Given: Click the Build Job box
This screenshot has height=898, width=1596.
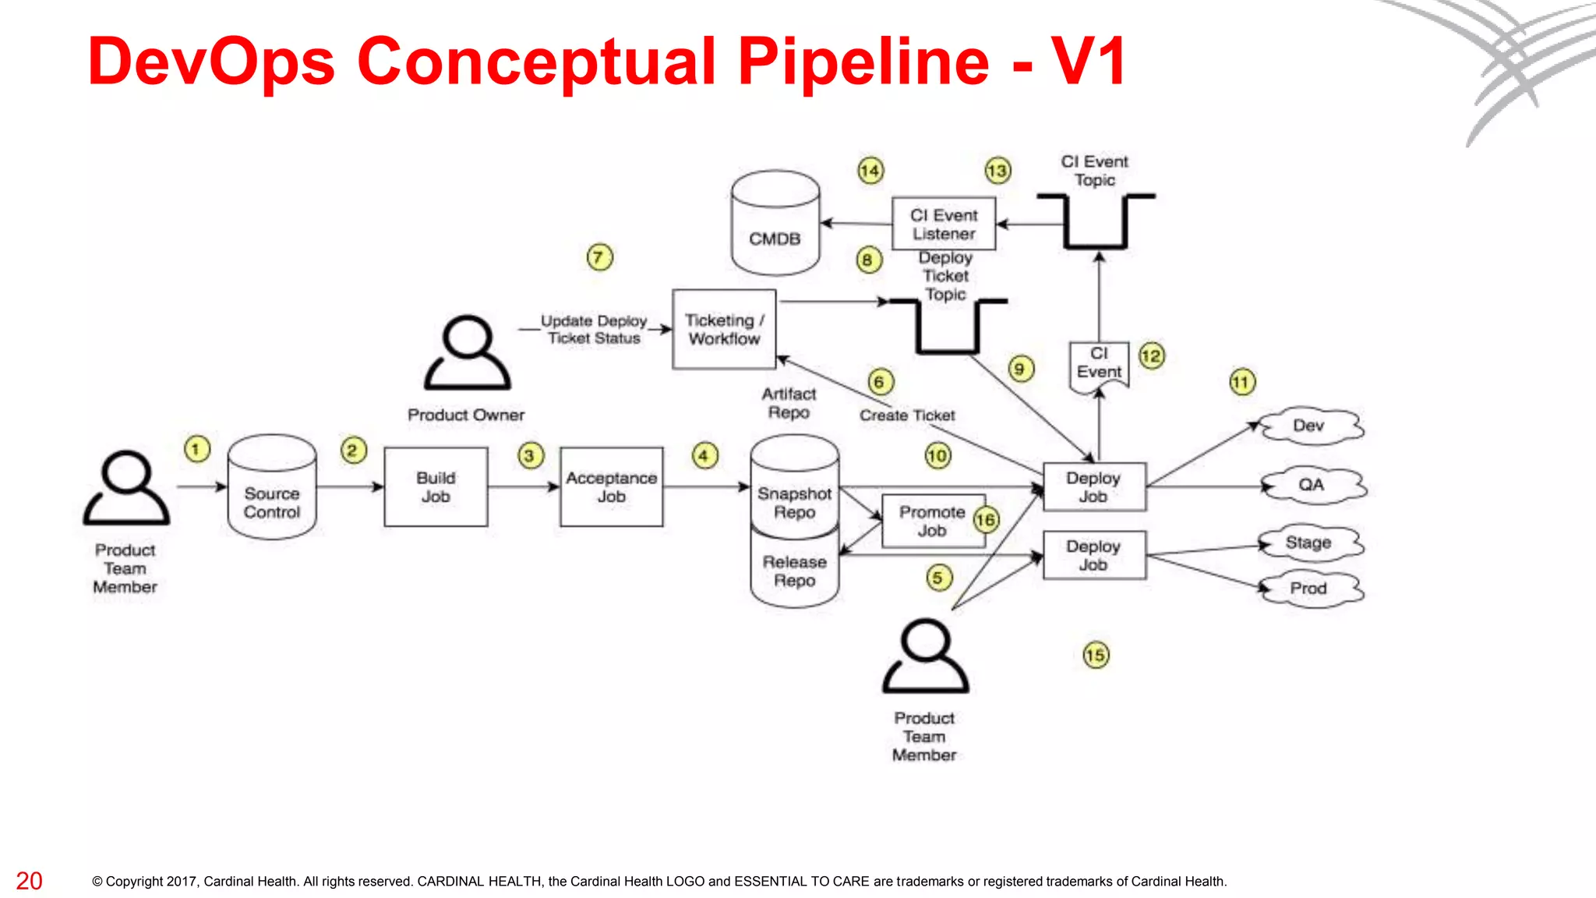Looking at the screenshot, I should pos(436,487).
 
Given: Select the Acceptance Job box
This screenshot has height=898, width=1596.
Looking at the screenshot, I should pos(611,487).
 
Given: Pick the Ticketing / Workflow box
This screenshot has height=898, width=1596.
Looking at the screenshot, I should pos(724,329).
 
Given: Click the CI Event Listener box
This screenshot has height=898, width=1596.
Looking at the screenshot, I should pos(944,224).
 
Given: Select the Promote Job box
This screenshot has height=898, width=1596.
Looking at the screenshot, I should pos(932,521).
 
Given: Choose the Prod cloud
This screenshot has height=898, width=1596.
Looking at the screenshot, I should pos(1309,589).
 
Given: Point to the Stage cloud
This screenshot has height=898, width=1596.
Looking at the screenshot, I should pos(1309,543).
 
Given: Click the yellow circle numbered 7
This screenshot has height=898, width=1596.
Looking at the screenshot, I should pos(599,257).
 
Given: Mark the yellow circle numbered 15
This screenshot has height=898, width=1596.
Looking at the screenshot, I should pos(1096,655).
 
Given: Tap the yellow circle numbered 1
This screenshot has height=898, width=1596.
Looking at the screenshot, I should pos(196,449).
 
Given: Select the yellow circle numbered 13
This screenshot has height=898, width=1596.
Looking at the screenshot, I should pos(997,171).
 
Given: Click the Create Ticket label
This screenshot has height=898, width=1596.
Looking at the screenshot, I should pos(907,415).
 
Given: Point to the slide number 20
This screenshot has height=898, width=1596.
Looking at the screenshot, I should pos(29,881).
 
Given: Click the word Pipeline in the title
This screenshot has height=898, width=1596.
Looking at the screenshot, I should pos(863,62).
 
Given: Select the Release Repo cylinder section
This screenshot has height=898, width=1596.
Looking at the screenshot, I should pos(794,571).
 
